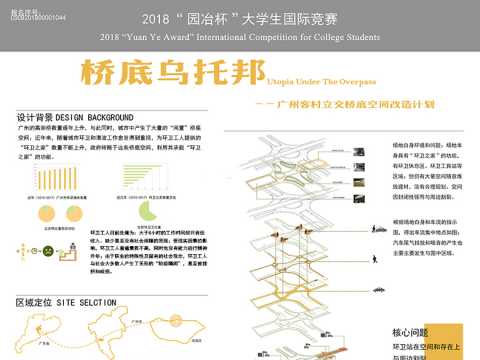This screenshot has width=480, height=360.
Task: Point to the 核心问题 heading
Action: pos(410,331)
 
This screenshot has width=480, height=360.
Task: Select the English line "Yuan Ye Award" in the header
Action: pos(240,37)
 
